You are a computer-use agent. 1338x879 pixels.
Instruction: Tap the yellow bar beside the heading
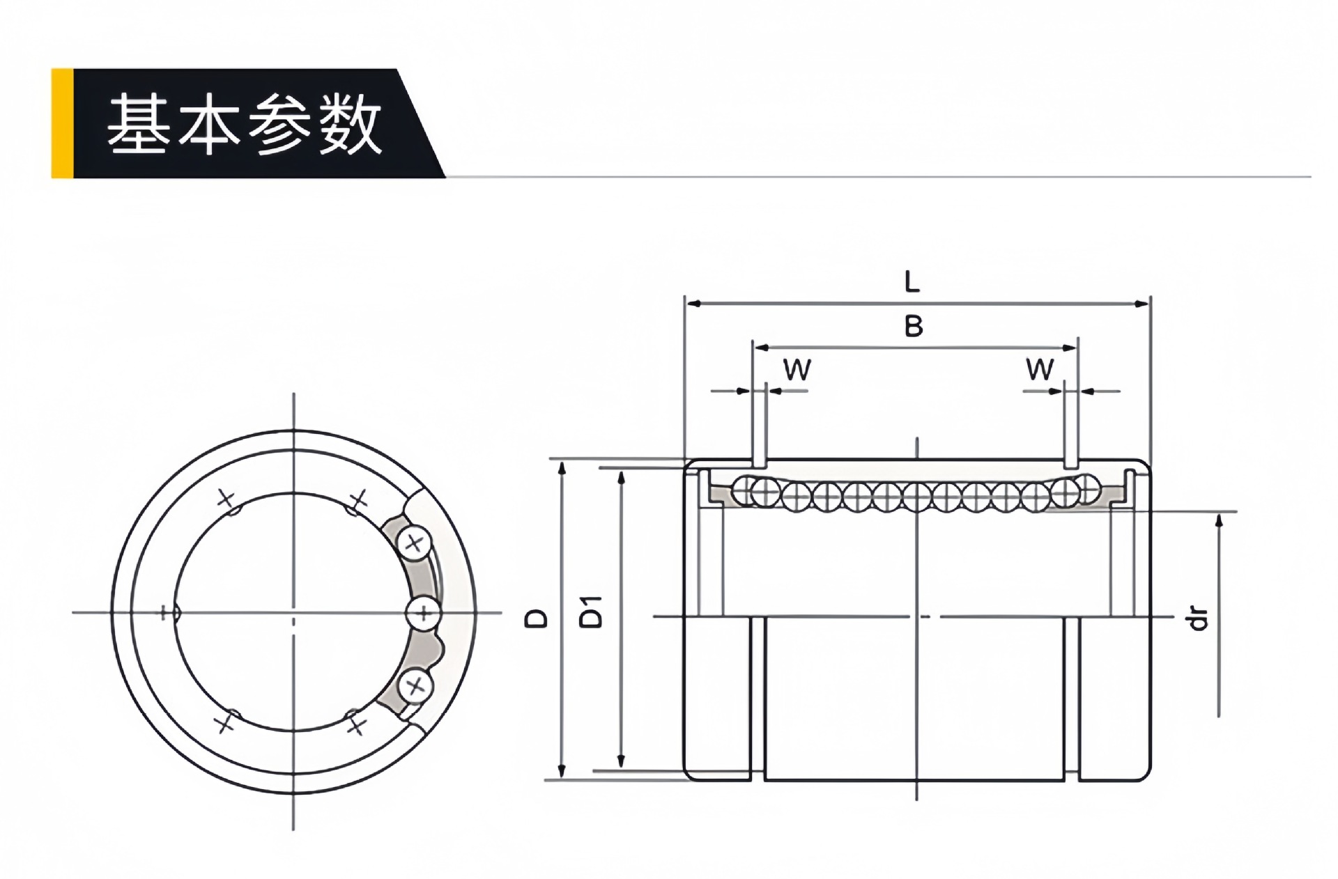62,123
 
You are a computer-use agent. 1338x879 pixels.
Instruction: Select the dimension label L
912,282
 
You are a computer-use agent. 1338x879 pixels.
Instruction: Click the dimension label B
913,326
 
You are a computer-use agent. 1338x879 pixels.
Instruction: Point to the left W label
797,370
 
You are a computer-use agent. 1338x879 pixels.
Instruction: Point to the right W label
1040,369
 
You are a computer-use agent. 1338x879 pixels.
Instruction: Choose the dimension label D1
592,611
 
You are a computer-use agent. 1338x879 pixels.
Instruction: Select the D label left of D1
537,617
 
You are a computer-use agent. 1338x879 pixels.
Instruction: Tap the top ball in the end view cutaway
415,543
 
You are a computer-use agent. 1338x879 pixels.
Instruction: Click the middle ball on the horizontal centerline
423,614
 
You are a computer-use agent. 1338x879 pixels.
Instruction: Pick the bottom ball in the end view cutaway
415,686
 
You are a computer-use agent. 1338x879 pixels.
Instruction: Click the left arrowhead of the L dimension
692,304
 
